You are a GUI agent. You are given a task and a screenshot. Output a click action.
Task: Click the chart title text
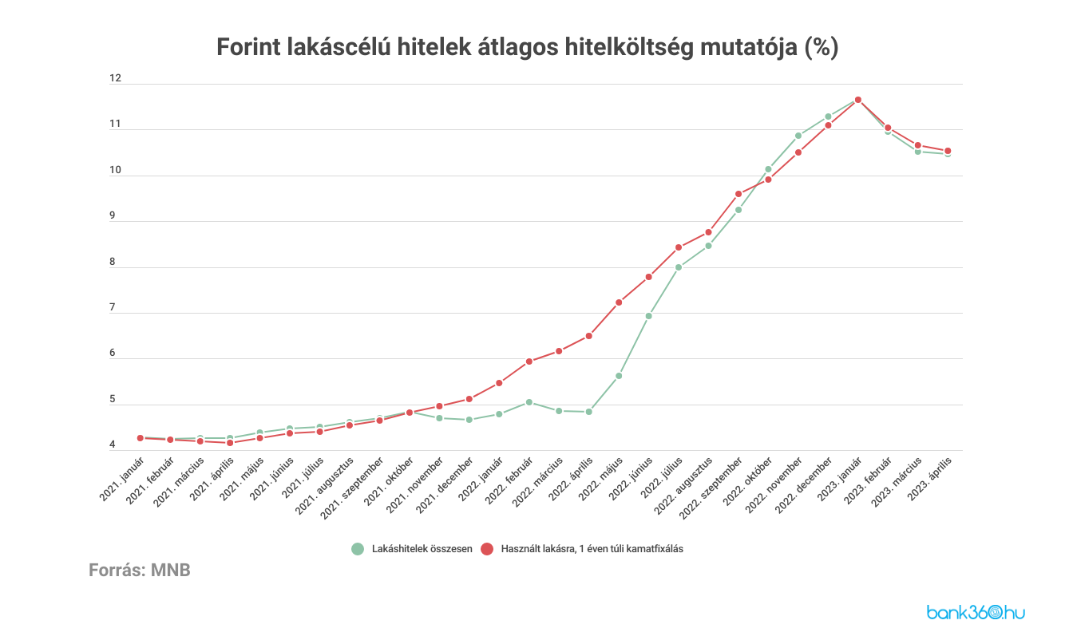tap(528, 47)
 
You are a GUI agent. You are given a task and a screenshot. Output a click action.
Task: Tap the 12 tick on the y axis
tap(116, 78)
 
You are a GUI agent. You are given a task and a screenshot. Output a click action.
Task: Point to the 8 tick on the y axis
tap(113, 262)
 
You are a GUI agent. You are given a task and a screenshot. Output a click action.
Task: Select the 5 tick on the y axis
tap(113, 399)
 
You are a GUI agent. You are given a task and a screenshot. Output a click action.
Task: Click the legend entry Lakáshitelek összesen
tap(422, 549)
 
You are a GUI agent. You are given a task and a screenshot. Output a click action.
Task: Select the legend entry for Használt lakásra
tap(592, 549)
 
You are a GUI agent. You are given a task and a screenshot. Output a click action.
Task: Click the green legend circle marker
tap(358, 549)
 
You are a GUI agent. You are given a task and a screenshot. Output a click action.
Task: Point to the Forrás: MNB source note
tap(140, 571)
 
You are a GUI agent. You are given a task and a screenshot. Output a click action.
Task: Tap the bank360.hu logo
tap(976, 612)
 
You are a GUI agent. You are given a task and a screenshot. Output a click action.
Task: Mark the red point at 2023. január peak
tap(858, 100)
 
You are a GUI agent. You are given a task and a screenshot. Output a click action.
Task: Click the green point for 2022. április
tap(588, 412)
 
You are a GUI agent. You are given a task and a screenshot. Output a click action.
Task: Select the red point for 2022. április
tap(588, 336)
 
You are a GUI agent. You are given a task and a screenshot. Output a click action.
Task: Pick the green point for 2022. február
tap(529, 402)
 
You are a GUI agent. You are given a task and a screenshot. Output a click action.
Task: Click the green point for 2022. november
tap(798, 136)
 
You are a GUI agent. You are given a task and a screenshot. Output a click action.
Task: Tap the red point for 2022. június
tap(648, 277)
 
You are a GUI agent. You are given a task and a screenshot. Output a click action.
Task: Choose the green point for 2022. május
tap(619, 376)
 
